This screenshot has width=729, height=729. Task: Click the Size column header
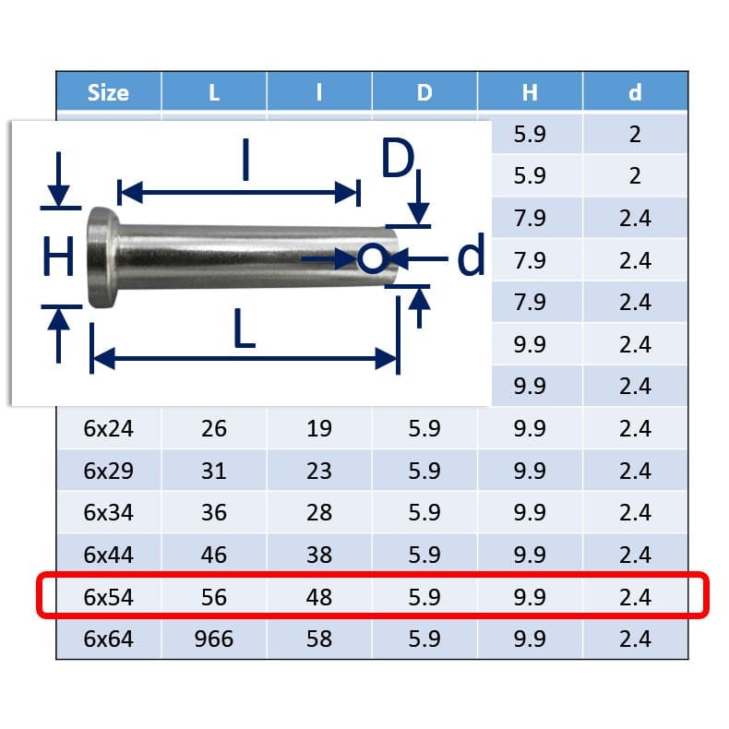point(108,92)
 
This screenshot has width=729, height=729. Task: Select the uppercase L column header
point(213,92)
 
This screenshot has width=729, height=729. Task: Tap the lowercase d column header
point(635,92)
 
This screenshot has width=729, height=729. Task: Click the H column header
point(530,92)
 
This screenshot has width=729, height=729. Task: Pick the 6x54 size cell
point(108,597)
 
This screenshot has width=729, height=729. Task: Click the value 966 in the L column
point(213,639)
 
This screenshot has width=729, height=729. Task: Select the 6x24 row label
point(108,428)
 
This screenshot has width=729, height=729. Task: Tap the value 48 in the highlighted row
point(318,597)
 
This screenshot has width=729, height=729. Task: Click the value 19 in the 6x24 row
point(318,428)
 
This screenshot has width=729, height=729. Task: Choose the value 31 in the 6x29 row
point(213,471)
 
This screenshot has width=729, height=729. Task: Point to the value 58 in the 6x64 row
point(318,639)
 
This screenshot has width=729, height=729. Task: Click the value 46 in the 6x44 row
point(213,555)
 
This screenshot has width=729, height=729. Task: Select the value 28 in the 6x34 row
point(318,513)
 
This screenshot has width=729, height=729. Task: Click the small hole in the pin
point(371,259)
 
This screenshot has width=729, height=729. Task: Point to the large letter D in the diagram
point(398,161)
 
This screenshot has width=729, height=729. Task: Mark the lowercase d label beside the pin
point(472,257)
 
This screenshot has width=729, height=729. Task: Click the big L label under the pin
point(244,329)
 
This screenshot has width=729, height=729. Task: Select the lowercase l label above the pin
point(245,161)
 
